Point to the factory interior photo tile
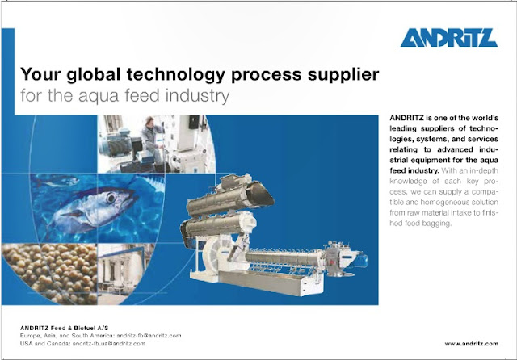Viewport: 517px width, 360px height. click(x=129, y=274)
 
